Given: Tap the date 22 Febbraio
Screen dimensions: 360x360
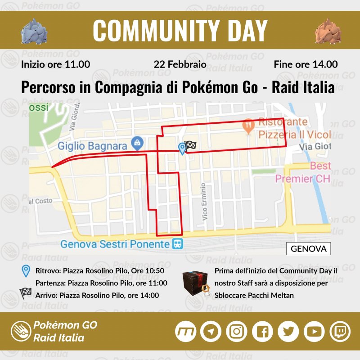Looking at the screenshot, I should pos(180,64).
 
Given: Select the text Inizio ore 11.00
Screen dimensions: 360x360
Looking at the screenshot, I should pos(55,64).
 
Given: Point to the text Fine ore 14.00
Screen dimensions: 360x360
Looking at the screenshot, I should pos(306,64).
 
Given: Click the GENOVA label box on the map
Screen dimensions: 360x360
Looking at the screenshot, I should pos(308,248).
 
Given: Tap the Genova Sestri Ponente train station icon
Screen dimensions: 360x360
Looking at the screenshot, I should pos(177,244).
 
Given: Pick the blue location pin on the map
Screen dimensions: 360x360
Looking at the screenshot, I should pos(182,148).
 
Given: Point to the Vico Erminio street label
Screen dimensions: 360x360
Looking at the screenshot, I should pos(205,202).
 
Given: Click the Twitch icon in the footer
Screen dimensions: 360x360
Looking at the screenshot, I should pos(339,332).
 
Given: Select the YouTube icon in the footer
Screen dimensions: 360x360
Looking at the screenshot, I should pos(314,332).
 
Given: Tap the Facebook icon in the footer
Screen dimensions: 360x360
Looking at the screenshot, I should pos(262,332).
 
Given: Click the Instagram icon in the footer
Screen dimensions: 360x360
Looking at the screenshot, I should pos(236,332).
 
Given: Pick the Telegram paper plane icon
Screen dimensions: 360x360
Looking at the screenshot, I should pos(210,332).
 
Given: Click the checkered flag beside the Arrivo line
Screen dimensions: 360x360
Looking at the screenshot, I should pos(26,294).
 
